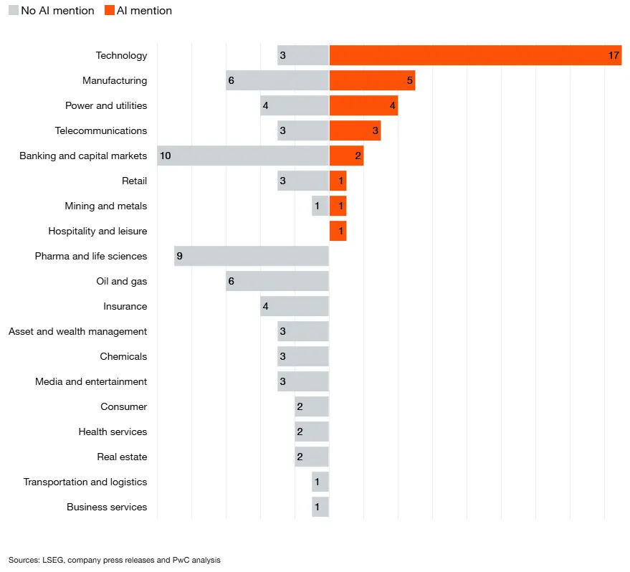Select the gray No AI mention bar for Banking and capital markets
tap(243, 156)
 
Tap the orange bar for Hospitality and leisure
tap(338, 231)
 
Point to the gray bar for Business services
tap(320, 507)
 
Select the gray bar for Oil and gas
tap(277, 281)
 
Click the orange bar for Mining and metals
tap(338, 206)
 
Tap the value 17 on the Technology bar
tap(614, 55)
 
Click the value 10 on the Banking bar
tap(165, 156)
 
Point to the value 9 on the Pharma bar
tap(180, 256)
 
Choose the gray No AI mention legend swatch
tap(14, 11)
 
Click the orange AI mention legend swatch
tap(110, 11)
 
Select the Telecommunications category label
tap(101, 130)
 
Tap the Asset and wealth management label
tap(77, 331)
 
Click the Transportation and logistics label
tap(85, 482)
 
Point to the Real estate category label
tap(122, 457)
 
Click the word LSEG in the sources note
tap(53, 560)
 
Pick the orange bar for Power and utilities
tap(363, 105)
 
